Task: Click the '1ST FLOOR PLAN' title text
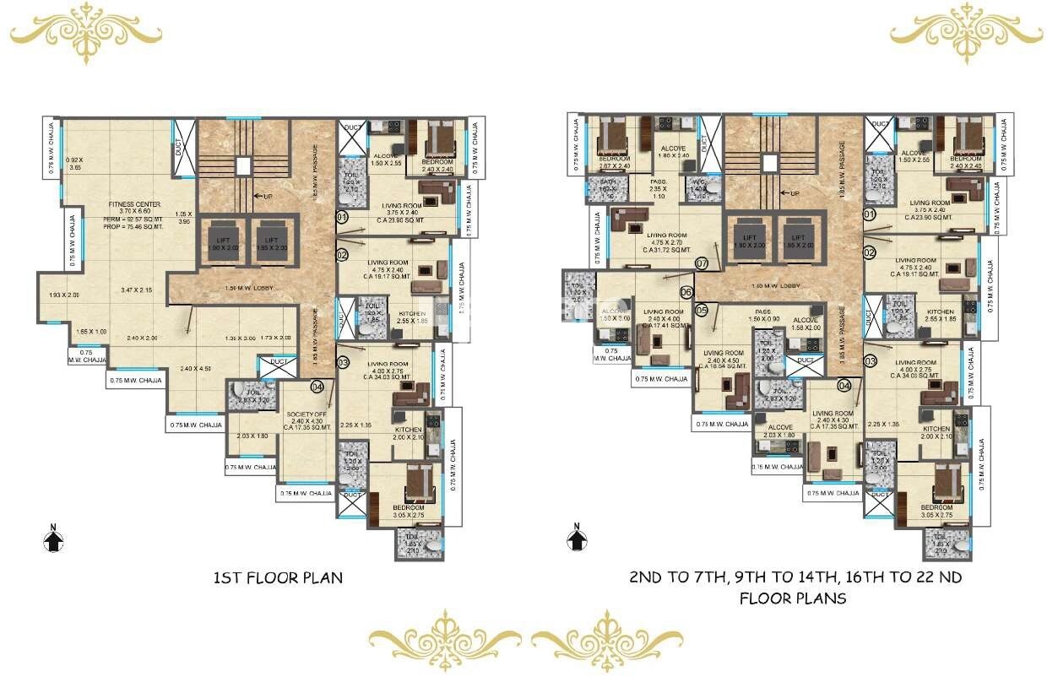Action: pos(278,578)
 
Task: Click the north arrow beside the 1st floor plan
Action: pos(53,538)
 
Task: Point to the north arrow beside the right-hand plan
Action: pos(578,538)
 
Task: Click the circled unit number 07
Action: pos(701,264)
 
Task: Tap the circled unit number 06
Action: pos(686,292)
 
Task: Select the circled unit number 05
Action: pos(702,311)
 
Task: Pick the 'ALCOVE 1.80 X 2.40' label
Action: pos(673,151)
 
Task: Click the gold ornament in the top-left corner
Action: pos(85,33)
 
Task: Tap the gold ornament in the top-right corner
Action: pos(967,33)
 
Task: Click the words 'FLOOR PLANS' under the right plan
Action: pos(793,598)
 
